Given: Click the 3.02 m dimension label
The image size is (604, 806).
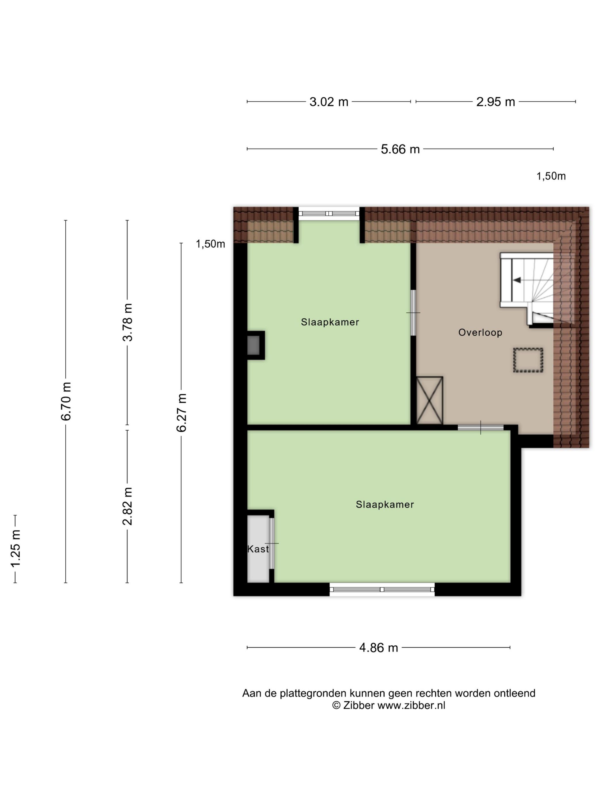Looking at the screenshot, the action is pyautogui.click(x=329, y=102).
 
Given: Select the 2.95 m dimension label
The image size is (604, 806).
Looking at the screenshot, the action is pyautogui.click(x=496, y=102).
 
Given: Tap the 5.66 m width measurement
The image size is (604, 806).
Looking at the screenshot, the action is pyautogui.click(x=400, y=149).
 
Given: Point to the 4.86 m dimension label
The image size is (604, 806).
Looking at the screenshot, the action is pyautogui.click(x=379, y=647).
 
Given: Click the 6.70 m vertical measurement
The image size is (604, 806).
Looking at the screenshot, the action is pyautogui.click(x=66, y=401).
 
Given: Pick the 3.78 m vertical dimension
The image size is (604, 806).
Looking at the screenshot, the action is pyautogui.click(x=127, y=322).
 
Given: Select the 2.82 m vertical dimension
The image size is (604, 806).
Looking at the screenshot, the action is pyautogui.click(x=127, y=506).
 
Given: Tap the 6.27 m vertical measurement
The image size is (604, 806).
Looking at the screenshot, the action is pyautogui.click(x=181, y=412).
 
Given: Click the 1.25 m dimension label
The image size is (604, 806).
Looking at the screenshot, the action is pyautogui.click(x=15, y=548).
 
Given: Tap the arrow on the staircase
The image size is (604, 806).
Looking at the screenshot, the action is pyautogui.click(x=517, y=280).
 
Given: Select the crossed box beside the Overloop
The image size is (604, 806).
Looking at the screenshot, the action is pyautogui.click(x=430, y=401).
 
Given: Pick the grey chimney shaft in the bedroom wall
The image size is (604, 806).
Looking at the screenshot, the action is pyautogui.click(x=254, y=345).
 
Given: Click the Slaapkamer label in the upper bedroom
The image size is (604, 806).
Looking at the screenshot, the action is pyautogui.click(x=330, y=322).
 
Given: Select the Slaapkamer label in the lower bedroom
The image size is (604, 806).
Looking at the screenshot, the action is pyautogui.click(x=385, y=504).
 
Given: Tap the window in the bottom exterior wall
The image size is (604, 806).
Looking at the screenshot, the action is pyautogui.click(x=382, y=589).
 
